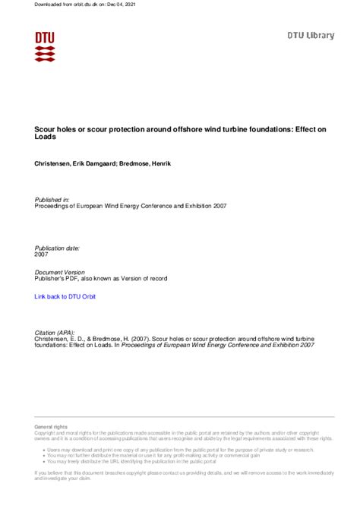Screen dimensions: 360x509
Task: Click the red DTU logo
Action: coord(45,46)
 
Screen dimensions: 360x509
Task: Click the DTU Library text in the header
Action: coord(310,35)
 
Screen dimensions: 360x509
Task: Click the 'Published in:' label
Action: coord(52,199)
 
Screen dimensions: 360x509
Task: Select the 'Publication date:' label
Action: coord(57,248)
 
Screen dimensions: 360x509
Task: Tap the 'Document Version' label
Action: coord(60,271)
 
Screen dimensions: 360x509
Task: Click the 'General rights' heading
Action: coord(51,428)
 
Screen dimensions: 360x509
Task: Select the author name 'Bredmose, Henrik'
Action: coord(146,163)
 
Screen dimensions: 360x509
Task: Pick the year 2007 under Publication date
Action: coord(43,255)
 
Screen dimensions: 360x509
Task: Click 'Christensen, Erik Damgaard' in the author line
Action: coord(76,163)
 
